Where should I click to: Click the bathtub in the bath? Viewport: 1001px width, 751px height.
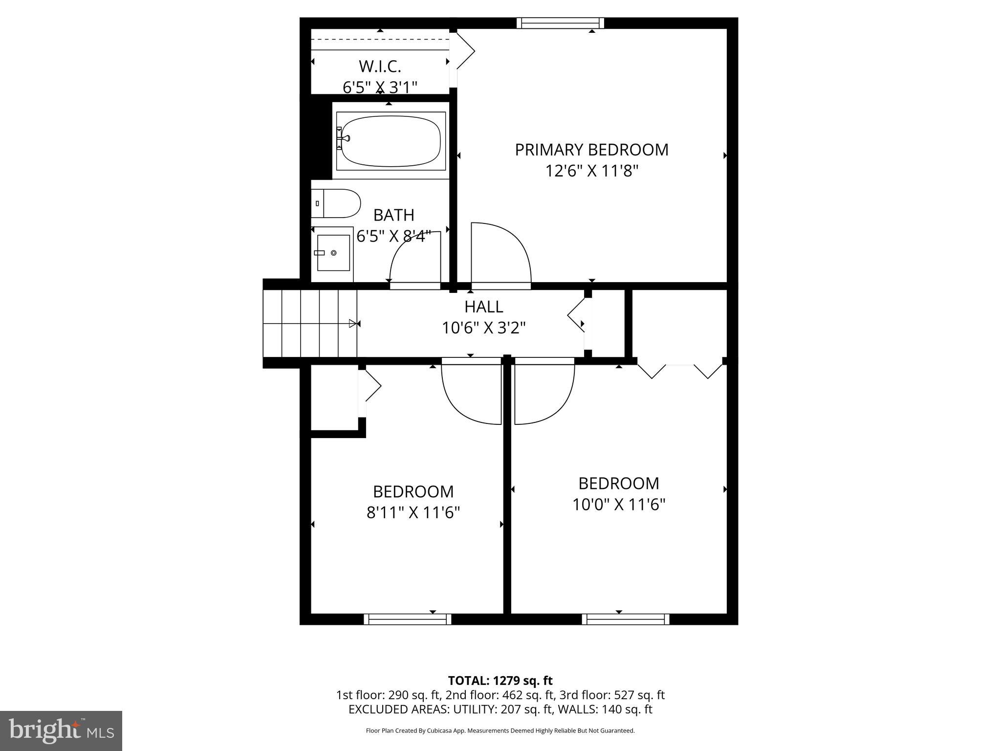pos(391,141)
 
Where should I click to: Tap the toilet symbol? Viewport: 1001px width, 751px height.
pos(336,203)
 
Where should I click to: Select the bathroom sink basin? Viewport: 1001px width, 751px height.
pos(333,253)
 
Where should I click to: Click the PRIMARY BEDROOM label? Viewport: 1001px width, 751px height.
pos(591,150)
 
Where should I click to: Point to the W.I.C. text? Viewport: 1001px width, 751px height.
pos(380,66)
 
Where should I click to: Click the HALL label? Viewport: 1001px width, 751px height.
pos(483,307)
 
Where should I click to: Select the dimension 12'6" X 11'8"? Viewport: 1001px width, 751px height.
pos(591,171)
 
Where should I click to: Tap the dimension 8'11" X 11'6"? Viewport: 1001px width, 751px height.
pos(413,512)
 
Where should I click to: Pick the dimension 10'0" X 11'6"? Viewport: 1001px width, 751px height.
pos(619,504)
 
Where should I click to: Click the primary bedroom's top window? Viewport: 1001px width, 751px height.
pos(560,23)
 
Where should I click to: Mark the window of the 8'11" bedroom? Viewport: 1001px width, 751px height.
pos(408,619)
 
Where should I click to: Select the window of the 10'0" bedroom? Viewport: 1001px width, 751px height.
pos(626,619)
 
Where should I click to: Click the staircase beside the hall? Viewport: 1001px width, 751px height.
pos(310,323)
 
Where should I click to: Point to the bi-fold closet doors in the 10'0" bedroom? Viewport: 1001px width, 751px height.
pos(679,371)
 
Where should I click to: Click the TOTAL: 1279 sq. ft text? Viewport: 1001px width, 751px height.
pos(500,681)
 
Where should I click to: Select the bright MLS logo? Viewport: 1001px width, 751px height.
pos(61,730)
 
